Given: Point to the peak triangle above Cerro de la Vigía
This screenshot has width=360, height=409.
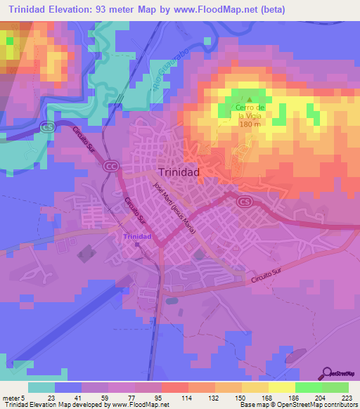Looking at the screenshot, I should pyautogui.click(x=247, y=99).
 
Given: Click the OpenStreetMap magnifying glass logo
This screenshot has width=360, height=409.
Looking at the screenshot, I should pyautogui.click(x=328, y=373).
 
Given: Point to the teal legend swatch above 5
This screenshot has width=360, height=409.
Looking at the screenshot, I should pyautogui.click(x=41, y=387).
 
